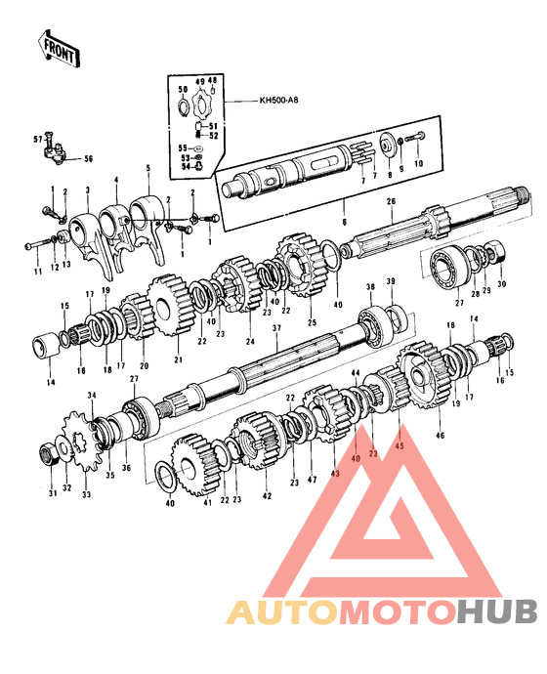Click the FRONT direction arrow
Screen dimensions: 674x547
tap(58, 46)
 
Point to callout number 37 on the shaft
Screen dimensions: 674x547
tap(276, 328)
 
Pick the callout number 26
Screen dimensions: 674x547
tap(389, 202)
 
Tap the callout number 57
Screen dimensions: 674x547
tap(39, 140)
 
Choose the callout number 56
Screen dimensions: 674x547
tap(88, 158)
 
